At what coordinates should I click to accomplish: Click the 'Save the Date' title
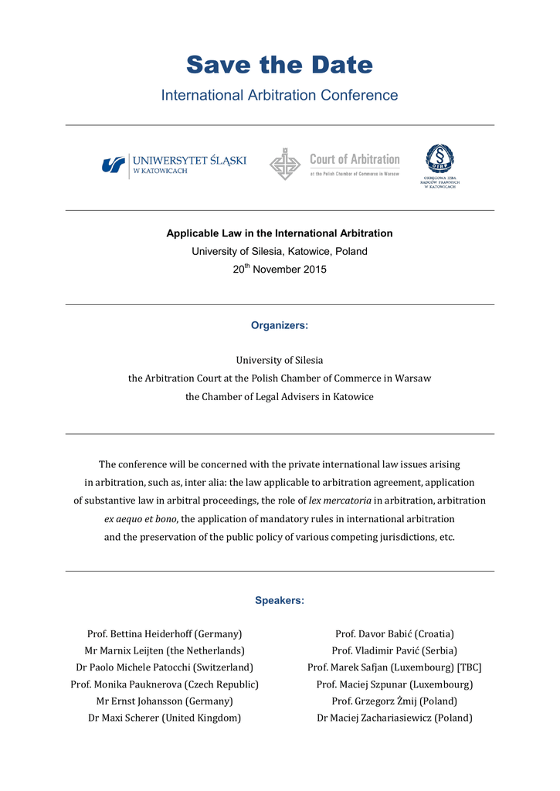pyautogui.click(x=279, y=65)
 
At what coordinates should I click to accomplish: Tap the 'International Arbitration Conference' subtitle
pyautogui.click(x=279, y=96)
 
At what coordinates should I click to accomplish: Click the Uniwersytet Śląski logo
pyautogui.click(x=174, y=165)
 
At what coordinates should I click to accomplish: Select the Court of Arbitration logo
pyautogui.click(x=334, y=165)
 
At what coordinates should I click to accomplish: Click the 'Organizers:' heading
pyautogui.click(x=279, y=326)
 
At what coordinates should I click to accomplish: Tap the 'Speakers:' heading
pyautogui.click(x=279, y=601)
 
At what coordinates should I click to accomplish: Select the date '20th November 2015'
pyautogui.click(x=279, y=270)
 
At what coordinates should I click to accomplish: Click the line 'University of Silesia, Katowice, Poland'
pyautogui.click(x=279, y=252)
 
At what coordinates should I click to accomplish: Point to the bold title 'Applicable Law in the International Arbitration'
pyautogui.click(x=279, y=233)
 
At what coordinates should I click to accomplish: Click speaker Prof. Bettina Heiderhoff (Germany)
pyautogui.click(x=165, y=634)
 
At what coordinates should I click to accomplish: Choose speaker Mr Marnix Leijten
pyautogui.click(x=165, y=650)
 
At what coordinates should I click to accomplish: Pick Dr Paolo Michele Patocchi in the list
pyautogui.click(x=165, y=667)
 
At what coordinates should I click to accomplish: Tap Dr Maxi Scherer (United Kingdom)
pyautogui.click(x=165, y=718)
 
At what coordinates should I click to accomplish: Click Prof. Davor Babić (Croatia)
pyautogui.click(x=394, y=634)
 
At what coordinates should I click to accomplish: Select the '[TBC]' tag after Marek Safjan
pyautogui.click(x=469, y=667)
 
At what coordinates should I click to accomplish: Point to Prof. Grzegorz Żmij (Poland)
pyautogui.click(x=394, y=701)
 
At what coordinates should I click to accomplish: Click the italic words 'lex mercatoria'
pyautogui.click(x=340, y=501)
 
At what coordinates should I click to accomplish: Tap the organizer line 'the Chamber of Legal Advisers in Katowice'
pyautogui.click(x=279, y=397)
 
